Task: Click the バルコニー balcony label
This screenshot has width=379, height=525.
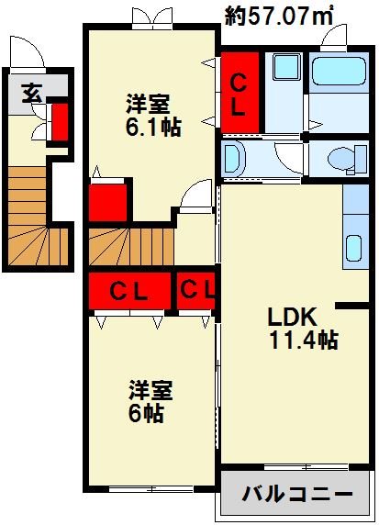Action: pos(296,494)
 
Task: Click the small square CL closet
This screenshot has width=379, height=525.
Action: pos(197,292)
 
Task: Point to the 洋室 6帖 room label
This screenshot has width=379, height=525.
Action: pos(147,401)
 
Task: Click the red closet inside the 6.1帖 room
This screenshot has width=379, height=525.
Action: pos(107,202)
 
